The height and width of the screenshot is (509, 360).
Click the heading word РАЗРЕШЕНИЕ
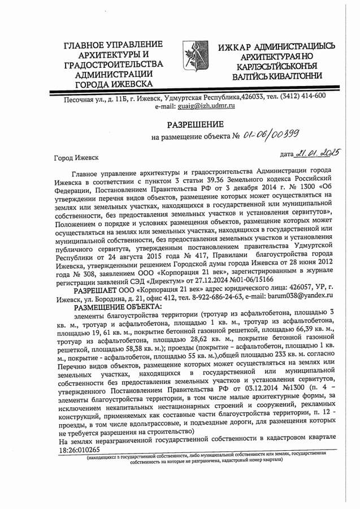[195, 124]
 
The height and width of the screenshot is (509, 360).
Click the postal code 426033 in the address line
[253, 96]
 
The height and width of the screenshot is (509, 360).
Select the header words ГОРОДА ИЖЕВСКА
[117, 84]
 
